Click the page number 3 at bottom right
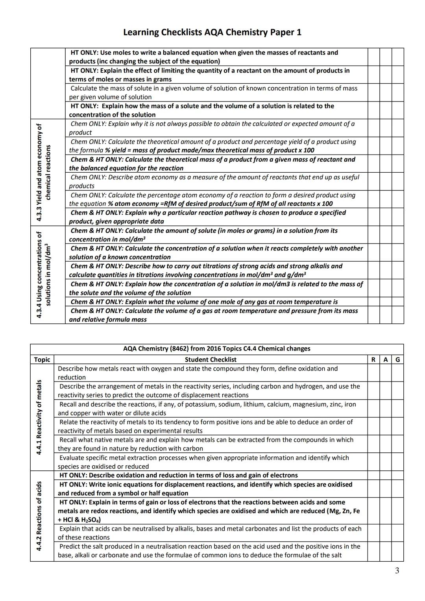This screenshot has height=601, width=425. click(x=397, y=571)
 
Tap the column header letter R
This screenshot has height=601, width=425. click(x=373, y=359)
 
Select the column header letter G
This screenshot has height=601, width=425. click(x=397, y=359)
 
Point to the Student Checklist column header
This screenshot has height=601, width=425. click(x=211, y=359)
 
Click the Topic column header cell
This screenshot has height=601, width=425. click(x=42, y=359)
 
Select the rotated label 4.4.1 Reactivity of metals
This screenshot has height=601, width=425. click(x=39, y=417)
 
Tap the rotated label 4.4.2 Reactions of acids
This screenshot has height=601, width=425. click(x=39, y=516)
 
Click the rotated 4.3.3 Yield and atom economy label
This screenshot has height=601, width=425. click(x=43, y=172)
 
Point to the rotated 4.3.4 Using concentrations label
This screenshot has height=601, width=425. click(x=43, y=275)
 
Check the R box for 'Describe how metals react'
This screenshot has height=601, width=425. click(x=373, y=373)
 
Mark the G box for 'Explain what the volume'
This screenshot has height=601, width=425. click(x=397, y=302)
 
